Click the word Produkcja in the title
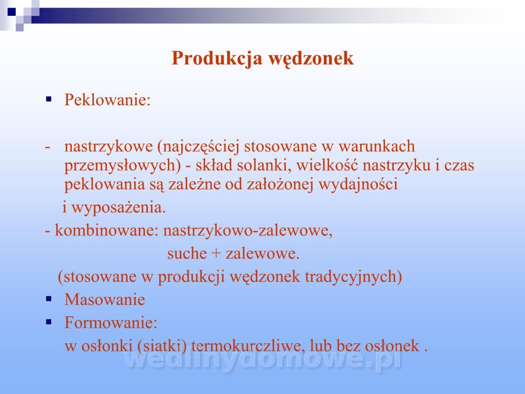pos(217,59)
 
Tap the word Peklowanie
pos(107,99)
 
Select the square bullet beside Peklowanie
pos(49,99)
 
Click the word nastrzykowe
pos(108,146)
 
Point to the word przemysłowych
pos(122,165)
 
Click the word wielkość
pos(327,165)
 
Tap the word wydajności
pos(358,184)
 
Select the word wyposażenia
pos(119,208)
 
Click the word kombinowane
pos(107,230)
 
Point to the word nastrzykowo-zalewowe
pos(248,231)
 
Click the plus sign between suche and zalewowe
pos(216,253)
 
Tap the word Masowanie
pos(105,299)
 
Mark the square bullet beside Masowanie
pos(49,299)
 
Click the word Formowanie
pos(111,322)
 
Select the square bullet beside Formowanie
pos(49,322)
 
